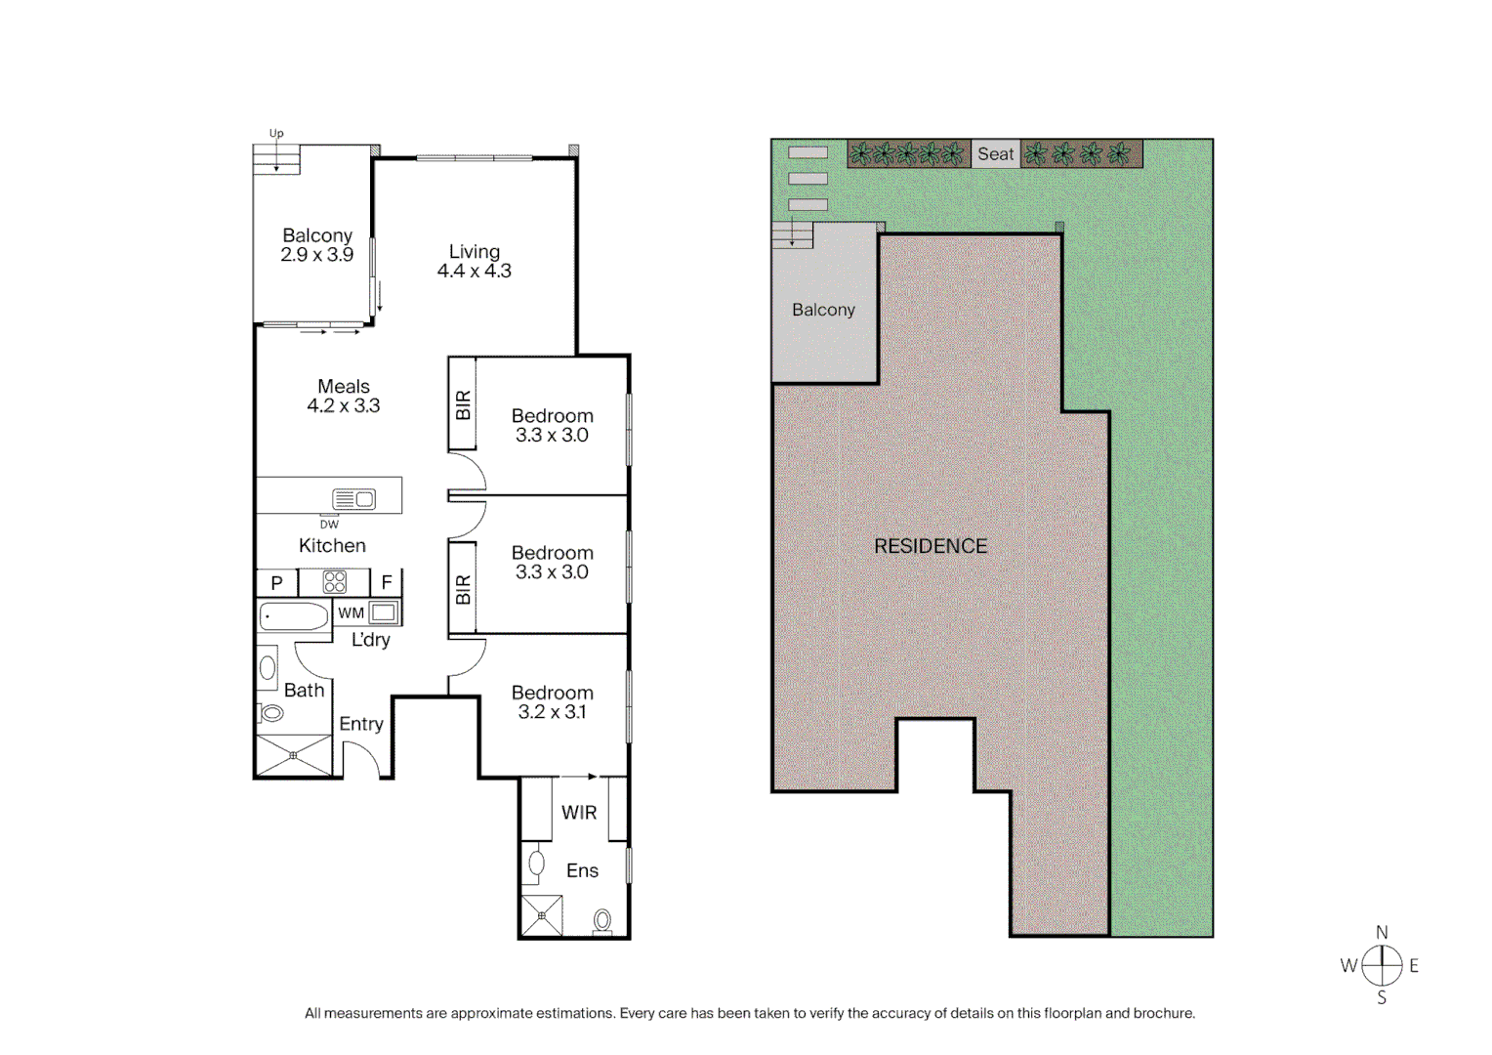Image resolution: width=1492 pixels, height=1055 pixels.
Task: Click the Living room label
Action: (x=475, y=252)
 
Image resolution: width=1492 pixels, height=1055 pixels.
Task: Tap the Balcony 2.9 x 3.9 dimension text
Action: (x=316, y=255)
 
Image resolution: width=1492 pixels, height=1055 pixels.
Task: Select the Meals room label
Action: (x=344, y=387)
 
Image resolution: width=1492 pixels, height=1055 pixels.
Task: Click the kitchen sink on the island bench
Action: (x=353, y=499)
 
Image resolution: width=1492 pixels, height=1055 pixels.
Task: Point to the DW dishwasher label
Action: (x=329, y=525)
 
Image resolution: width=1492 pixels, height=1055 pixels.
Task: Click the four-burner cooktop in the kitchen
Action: (x=335, y=582)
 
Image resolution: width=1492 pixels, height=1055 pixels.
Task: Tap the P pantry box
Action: (x=276, y=583)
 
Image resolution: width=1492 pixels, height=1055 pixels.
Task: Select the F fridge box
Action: (x=387, y=583)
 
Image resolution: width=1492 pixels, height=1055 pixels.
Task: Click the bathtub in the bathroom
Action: (x=294, y=616)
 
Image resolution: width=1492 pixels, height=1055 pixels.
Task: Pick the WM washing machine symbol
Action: (x=383, y=613)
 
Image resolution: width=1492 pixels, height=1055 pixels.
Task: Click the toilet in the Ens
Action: (x=602, y=920)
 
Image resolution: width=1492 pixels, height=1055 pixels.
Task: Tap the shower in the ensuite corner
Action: (x=542, y=916)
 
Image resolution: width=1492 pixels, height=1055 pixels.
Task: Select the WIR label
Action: (x=579, y=813)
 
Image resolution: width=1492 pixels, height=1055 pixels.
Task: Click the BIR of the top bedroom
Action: (x=463, y=404)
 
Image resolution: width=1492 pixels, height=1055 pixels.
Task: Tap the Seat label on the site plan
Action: (x=995, y=154)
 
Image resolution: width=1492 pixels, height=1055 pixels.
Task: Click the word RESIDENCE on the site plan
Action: (x=931, y=547)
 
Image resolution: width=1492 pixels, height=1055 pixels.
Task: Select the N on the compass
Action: (x=1382, y=933)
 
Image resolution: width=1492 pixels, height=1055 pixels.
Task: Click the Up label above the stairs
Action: (x=276, y=134)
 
